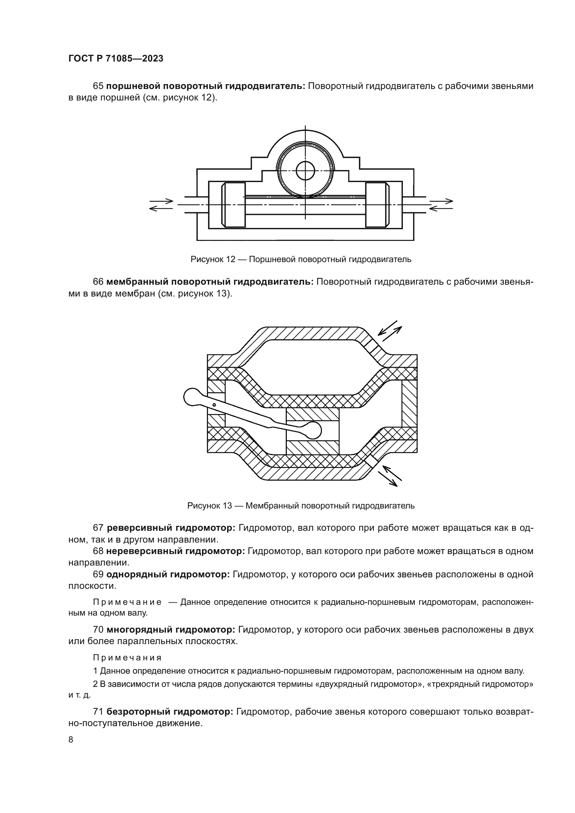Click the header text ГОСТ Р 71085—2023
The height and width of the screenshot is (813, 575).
[116, 59]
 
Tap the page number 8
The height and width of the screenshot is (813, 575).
[71, 739]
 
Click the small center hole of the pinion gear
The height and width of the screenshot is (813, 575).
[305, 171]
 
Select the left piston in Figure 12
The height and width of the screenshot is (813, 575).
[233, 205]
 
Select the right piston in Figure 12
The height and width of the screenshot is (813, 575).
[377, 205]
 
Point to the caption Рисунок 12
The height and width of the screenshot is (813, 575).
[301, 259]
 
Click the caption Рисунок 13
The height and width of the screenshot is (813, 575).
[301, 506]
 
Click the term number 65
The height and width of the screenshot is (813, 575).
[98, 86]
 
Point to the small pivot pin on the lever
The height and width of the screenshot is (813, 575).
[214, 405]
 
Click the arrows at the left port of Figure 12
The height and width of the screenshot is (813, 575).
[161, 205]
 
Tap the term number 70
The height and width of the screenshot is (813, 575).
[98, 629]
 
